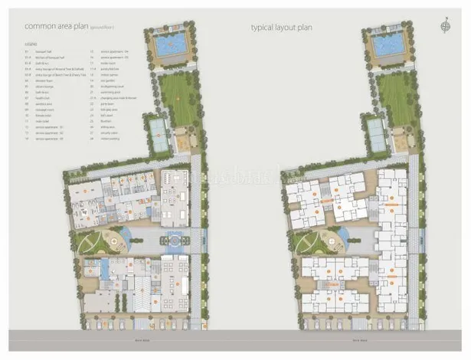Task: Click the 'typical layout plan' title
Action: [282, 28]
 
